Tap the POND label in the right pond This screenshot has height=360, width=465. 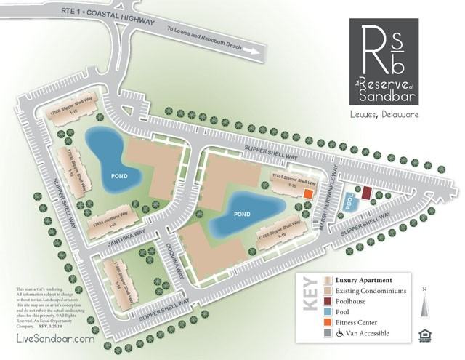coord(241,215)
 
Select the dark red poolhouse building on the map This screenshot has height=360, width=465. coord(366,193)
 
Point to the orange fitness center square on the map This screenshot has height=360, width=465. coord(308,194)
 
